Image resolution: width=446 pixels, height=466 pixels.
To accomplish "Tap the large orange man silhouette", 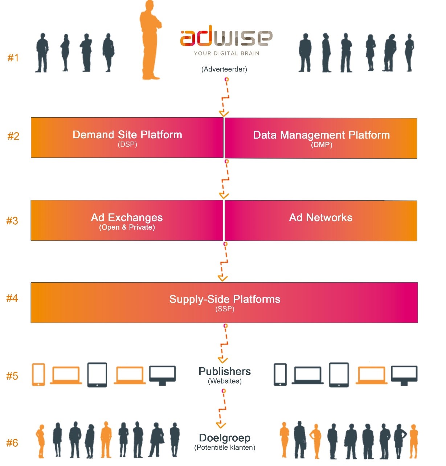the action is [150, 40].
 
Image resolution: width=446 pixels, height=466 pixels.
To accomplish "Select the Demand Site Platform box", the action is [127, 138].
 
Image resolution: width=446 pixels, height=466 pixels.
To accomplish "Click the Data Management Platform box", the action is [321, 138].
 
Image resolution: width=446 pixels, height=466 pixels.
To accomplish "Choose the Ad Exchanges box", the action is [127, 220].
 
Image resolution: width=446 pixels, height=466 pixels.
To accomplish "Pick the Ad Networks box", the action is [321, 221].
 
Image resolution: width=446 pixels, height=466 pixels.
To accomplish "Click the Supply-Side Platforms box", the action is [224, 303].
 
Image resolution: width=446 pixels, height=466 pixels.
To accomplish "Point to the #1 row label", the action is [13, 58].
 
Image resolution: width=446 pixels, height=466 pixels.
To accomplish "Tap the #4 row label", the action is [12, 298].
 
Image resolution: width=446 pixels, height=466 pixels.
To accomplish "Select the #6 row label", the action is [12, 443].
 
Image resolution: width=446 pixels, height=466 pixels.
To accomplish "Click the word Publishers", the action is [225, 371].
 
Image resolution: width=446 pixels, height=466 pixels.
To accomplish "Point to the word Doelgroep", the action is [225, 438].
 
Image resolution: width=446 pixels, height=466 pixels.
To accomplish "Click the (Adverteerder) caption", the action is [224, 69].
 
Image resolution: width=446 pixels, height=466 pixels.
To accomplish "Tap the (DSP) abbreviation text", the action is [127, 144].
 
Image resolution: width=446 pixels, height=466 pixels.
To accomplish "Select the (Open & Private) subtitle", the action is [127, 227].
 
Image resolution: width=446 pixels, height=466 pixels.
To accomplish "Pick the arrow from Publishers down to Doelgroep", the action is [222, 409].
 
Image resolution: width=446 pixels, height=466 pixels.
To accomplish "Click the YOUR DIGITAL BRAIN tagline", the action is [226, 53].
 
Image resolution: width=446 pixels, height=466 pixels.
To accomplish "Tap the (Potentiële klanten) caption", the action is [225, 447].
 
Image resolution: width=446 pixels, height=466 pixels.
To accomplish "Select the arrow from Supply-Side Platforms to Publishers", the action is [223, 344].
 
